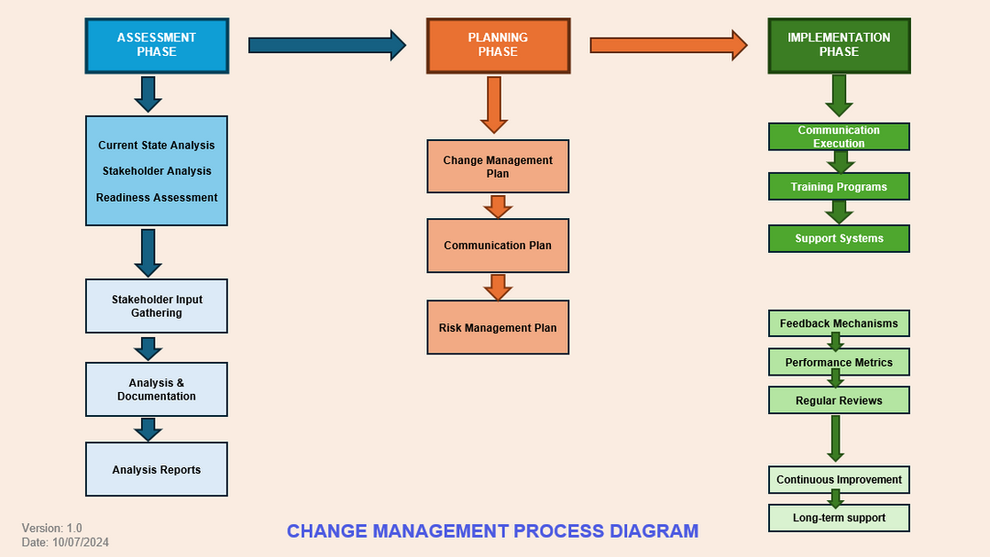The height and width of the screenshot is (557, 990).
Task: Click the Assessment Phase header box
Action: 156,45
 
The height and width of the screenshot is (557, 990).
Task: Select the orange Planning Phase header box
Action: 498,45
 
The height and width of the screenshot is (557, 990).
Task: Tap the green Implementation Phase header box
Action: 839,45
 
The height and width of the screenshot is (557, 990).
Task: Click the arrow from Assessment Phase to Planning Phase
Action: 326,45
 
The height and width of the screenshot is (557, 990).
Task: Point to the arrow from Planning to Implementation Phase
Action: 667,45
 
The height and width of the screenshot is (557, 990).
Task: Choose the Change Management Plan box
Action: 498,166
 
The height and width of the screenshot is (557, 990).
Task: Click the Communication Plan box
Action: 498,246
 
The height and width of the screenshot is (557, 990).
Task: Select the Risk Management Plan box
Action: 498,327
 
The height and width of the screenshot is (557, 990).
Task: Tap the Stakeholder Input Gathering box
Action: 156,306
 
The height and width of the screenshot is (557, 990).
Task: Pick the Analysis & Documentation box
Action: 156,389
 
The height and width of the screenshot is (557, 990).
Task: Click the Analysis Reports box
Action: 156,469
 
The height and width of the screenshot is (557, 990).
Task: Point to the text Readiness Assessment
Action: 157,198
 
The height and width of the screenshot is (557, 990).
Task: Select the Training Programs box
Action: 839,187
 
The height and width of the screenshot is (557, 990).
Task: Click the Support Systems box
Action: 839,238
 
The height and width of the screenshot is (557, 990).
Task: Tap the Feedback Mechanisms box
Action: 839,323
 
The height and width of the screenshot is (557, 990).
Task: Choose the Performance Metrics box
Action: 839,362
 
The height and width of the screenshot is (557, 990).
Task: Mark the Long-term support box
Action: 839,518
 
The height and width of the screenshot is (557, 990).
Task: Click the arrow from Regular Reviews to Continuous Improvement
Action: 835,439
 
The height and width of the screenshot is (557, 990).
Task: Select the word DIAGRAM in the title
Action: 654,531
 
